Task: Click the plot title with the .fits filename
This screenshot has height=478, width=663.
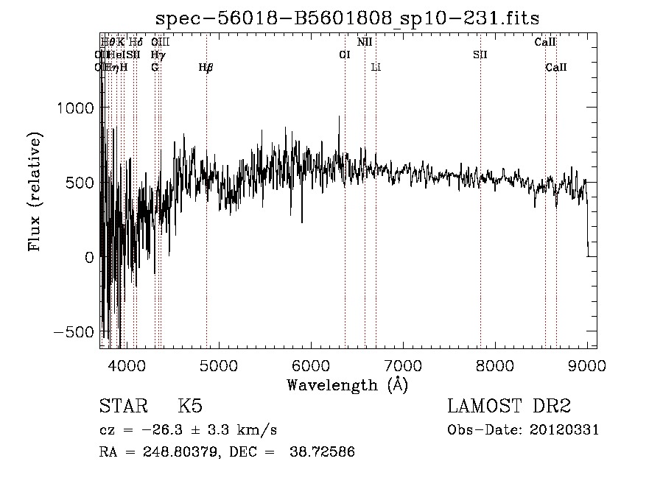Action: pyautogui.click(x=354, y=18)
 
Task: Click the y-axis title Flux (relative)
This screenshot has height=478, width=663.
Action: pyautogui.click(x=35, y=191)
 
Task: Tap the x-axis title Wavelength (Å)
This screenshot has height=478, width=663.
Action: pyautogui.click(x=347, y=384)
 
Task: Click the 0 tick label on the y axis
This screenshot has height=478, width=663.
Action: pyautogui.click(x=88, y=257)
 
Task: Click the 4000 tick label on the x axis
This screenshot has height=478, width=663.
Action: pyautogui.click(x=125, y=365)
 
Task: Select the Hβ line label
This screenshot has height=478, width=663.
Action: pyautogui.click(x=206, y=67)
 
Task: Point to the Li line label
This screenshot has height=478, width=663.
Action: pyautogui.click(x=376, y=67)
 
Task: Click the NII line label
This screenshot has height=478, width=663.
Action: pyautogui.click(x=365, y=42)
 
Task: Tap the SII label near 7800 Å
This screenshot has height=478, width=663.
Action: pyautogui.click(x=480, y=55)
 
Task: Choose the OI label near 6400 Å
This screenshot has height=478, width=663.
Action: pyautogui.click(x=344, y=55)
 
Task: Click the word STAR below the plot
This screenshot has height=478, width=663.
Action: pyautogui.click(x=122, y=407)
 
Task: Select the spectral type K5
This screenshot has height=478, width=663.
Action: pyautogui.click(x=190, y=407)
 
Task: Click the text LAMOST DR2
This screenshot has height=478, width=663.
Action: pyautogui.click(x=509, y=407)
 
